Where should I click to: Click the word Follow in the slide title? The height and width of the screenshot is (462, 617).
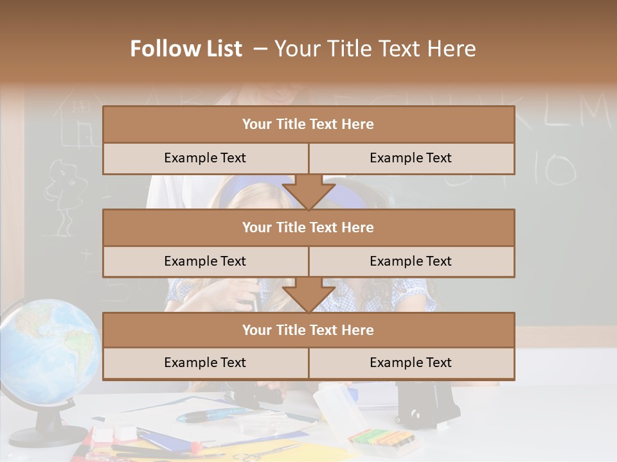pos(159,49)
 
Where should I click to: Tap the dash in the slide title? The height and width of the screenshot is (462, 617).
pos(260,49)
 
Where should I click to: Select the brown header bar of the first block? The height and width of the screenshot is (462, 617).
pos(308,124)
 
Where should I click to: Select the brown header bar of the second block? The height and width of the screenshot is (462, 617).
pos(308,227)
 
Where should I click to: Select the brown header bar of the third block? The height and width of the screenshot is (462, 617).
pos(308,330)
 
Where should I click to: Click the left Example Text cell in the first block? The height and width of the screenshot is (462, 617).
pos(205,158)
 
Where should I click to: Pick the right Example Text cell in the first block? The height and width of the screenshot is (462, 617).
pos(411,158)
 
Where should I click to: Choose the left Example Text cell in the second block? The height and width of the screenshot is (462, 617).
pos(205,261)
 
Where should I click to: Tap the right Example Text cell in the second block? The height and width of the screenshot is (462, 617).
pos(411,261)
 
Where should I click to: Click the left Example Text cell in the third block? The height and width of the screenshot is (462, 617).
pos(205,363)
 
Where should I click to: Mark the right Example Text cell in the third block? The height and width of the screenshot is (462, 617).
pos(411,363)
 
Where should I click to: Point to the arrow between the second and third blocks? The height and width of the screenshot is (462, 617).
pos(308,295)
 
